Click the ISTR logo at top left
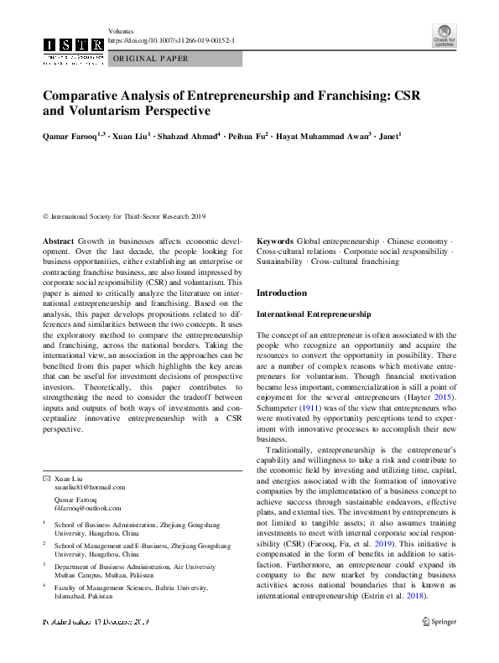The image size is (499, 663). coord(74,46)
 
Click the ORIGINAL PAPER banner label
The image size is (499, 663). coord(151,59)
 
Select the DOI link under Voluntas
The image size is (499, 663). coord(173,40)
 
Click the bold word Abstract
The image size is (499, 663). coord(58,240)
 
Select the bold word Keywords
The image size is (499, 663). coord(274,240)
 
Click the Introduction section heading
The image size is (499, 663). coord(281,293)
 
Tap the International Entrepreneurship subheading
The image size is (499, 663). coord(313,313)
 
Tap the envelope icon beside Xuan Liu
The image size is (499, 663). coord(46,476)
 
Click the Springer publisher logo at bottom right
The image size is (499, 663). coord(439,621)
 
